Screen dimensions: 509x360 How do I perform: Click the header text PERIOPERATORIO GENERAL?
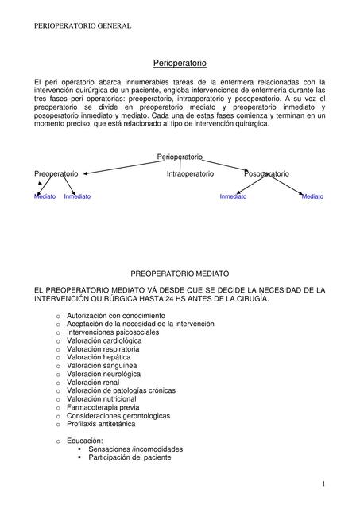coord(83,26)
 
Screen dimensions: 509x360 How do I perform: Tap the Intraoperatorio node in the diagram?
coord(190,173)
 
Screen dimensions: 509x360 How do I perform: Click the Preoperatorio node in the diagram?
coord(56,173)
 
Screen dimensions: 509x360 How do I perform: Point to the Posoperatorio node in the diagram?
coord(266,173)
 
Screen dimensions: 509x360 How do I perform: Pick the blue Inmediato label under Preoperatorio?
coord(77,196)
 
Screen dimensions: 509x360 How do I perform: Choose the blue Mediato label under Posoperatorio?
coord(312,196)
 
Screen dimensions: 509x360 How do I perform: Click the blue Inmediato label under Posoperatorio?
coord(233,196)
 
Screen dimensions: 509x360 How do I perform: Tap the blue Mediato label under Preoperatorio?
coord(45,196)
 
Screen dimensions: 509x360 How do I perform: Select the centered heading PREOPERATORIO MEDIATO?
coord(180,273)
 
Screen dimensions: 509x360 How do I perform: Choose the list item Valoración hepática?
coord(99,357)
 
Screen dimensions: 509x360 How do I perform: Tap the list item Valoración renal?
coord(93,382)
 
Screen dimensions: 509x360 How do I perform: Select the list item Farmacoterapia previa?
coord(103,407)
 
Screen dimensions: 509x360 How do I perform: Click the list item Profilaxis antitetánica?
coord(101,424)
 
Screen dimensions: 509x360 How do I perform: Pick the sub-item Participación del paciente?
coord(130,457)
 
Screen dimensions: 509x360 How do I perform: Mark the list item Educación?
coord(85,441)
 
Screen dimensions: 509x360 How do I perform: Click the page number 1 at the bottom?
coord(324,484)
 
